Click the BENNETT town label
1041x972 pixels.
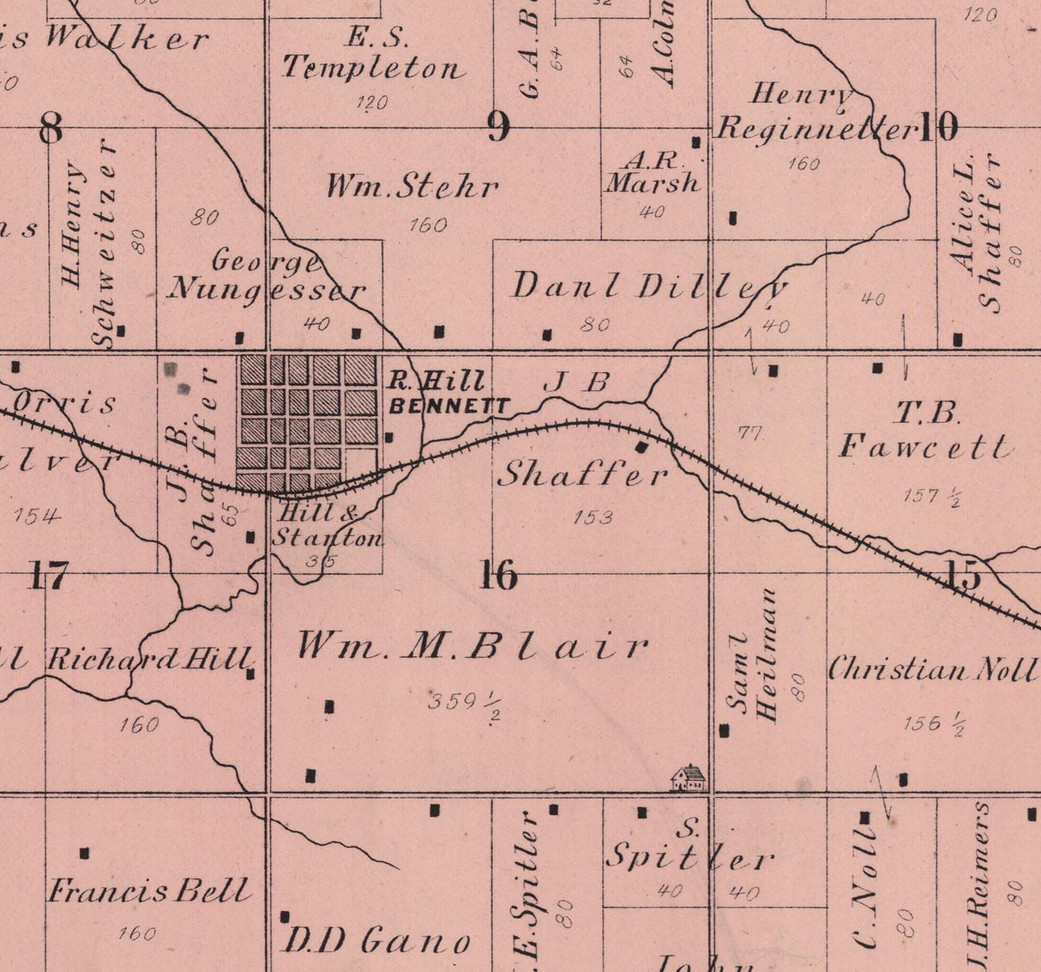pyautogui.click(x=449, y=407)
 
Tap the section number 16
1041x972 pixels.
pyautogui.click(x=498, y=575)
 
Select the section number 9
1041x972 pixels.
pyautogui.click(x=498, y=128)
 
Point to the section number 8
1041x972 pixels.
pyautogui.click(x=51, y=129)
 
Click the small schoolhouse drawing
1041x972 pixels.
pyautogui.click(x=689, y=777)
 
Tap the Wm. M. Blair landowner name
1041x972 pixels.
pyautogui.click(x=472, y=645)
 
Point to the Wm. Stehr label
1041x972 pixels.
pyautogui.click(x=412, y=186)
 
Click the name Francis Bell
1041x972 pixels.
pyautogui.click(x=149, y=891)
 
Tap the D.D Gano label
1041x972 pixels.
pyautogui.click(x=376, y=942)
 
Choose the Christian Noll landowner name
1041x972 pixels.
pyautogui.click(x=932, y=670)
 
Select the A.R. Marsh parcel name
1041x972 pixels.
pyautogui.click(x=653, y=172)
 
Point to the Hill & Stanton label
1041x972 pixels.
pyautogui.click(x=326, y=526)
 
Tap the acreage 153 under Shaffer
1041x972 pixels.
pyautogui.click(x=593, y=517)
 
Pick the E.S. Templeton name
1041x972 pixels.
pyautogui.click(x=373, y=54)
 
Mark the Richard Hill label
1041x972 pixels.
pyautogui.click(x=149, y=659)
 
